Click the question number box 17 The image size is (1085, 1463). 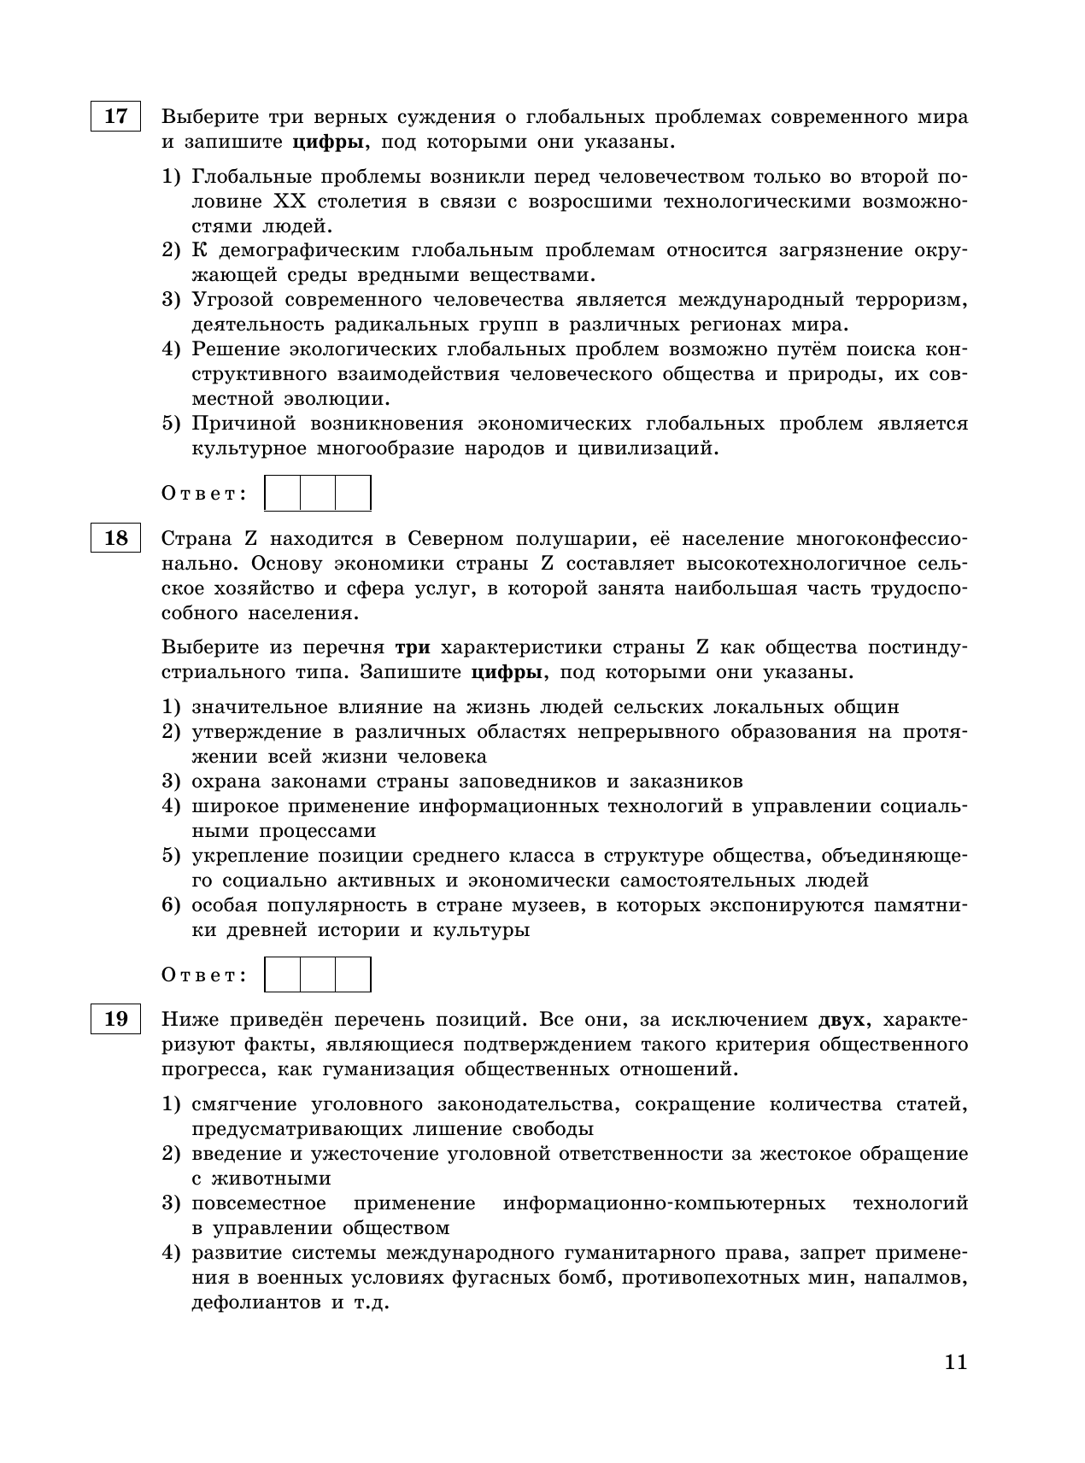click(x=115, y=116)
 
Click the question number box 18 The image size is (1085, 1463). click(x=115, y=538)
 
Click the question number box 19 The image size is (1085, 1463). click(x=115, y=1019)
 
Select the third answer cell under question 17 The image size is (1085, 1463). click(x=353, y=494)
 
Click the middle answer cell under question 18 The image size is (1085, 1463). click(x=318, y=974)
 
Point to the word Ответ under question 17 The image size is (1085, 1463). click(x=204, y=494)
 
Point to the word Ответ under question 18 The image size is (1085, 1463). click(x=204, y=975)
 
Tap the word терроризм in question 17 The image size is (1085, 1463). click(x=911, y=300)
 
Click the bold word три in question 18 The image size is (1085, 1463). click(x=413, y=647)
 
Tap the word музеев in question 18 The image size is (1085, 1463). click(x=541, y=905)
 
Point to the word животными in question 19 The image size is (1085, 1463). click(x=261, y=1179)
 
